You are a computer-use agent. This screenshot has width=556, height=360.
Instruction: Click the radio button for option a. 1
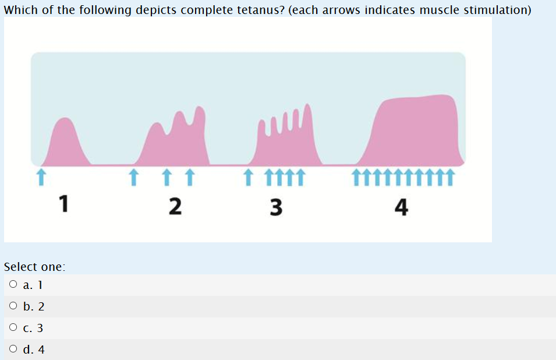tap(13, 285)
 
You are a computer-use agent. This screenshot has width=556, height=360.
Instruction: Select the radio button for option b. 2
tap(13, 307)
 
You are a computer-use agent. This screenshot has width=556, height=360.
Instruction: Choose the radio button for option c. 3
tap(13, 329)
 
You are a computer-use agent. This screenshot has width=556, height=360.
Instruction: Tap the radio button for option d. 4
tap(13, 350)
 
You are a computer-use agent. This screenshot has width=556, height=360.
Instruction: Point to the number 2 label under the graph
tap(173, 206)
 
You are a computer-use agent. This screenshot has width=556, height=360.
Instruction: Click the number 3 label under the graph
tap(276, 206)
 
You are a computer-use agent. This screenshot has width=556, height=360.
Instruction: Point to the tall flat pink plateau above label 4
tap(416, 131)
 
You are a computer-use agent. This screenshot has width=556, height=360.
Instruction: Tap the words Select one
tap(34, 267)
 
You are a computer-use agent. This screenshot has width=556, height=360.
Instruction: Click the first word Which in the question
tap(20, 11)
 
